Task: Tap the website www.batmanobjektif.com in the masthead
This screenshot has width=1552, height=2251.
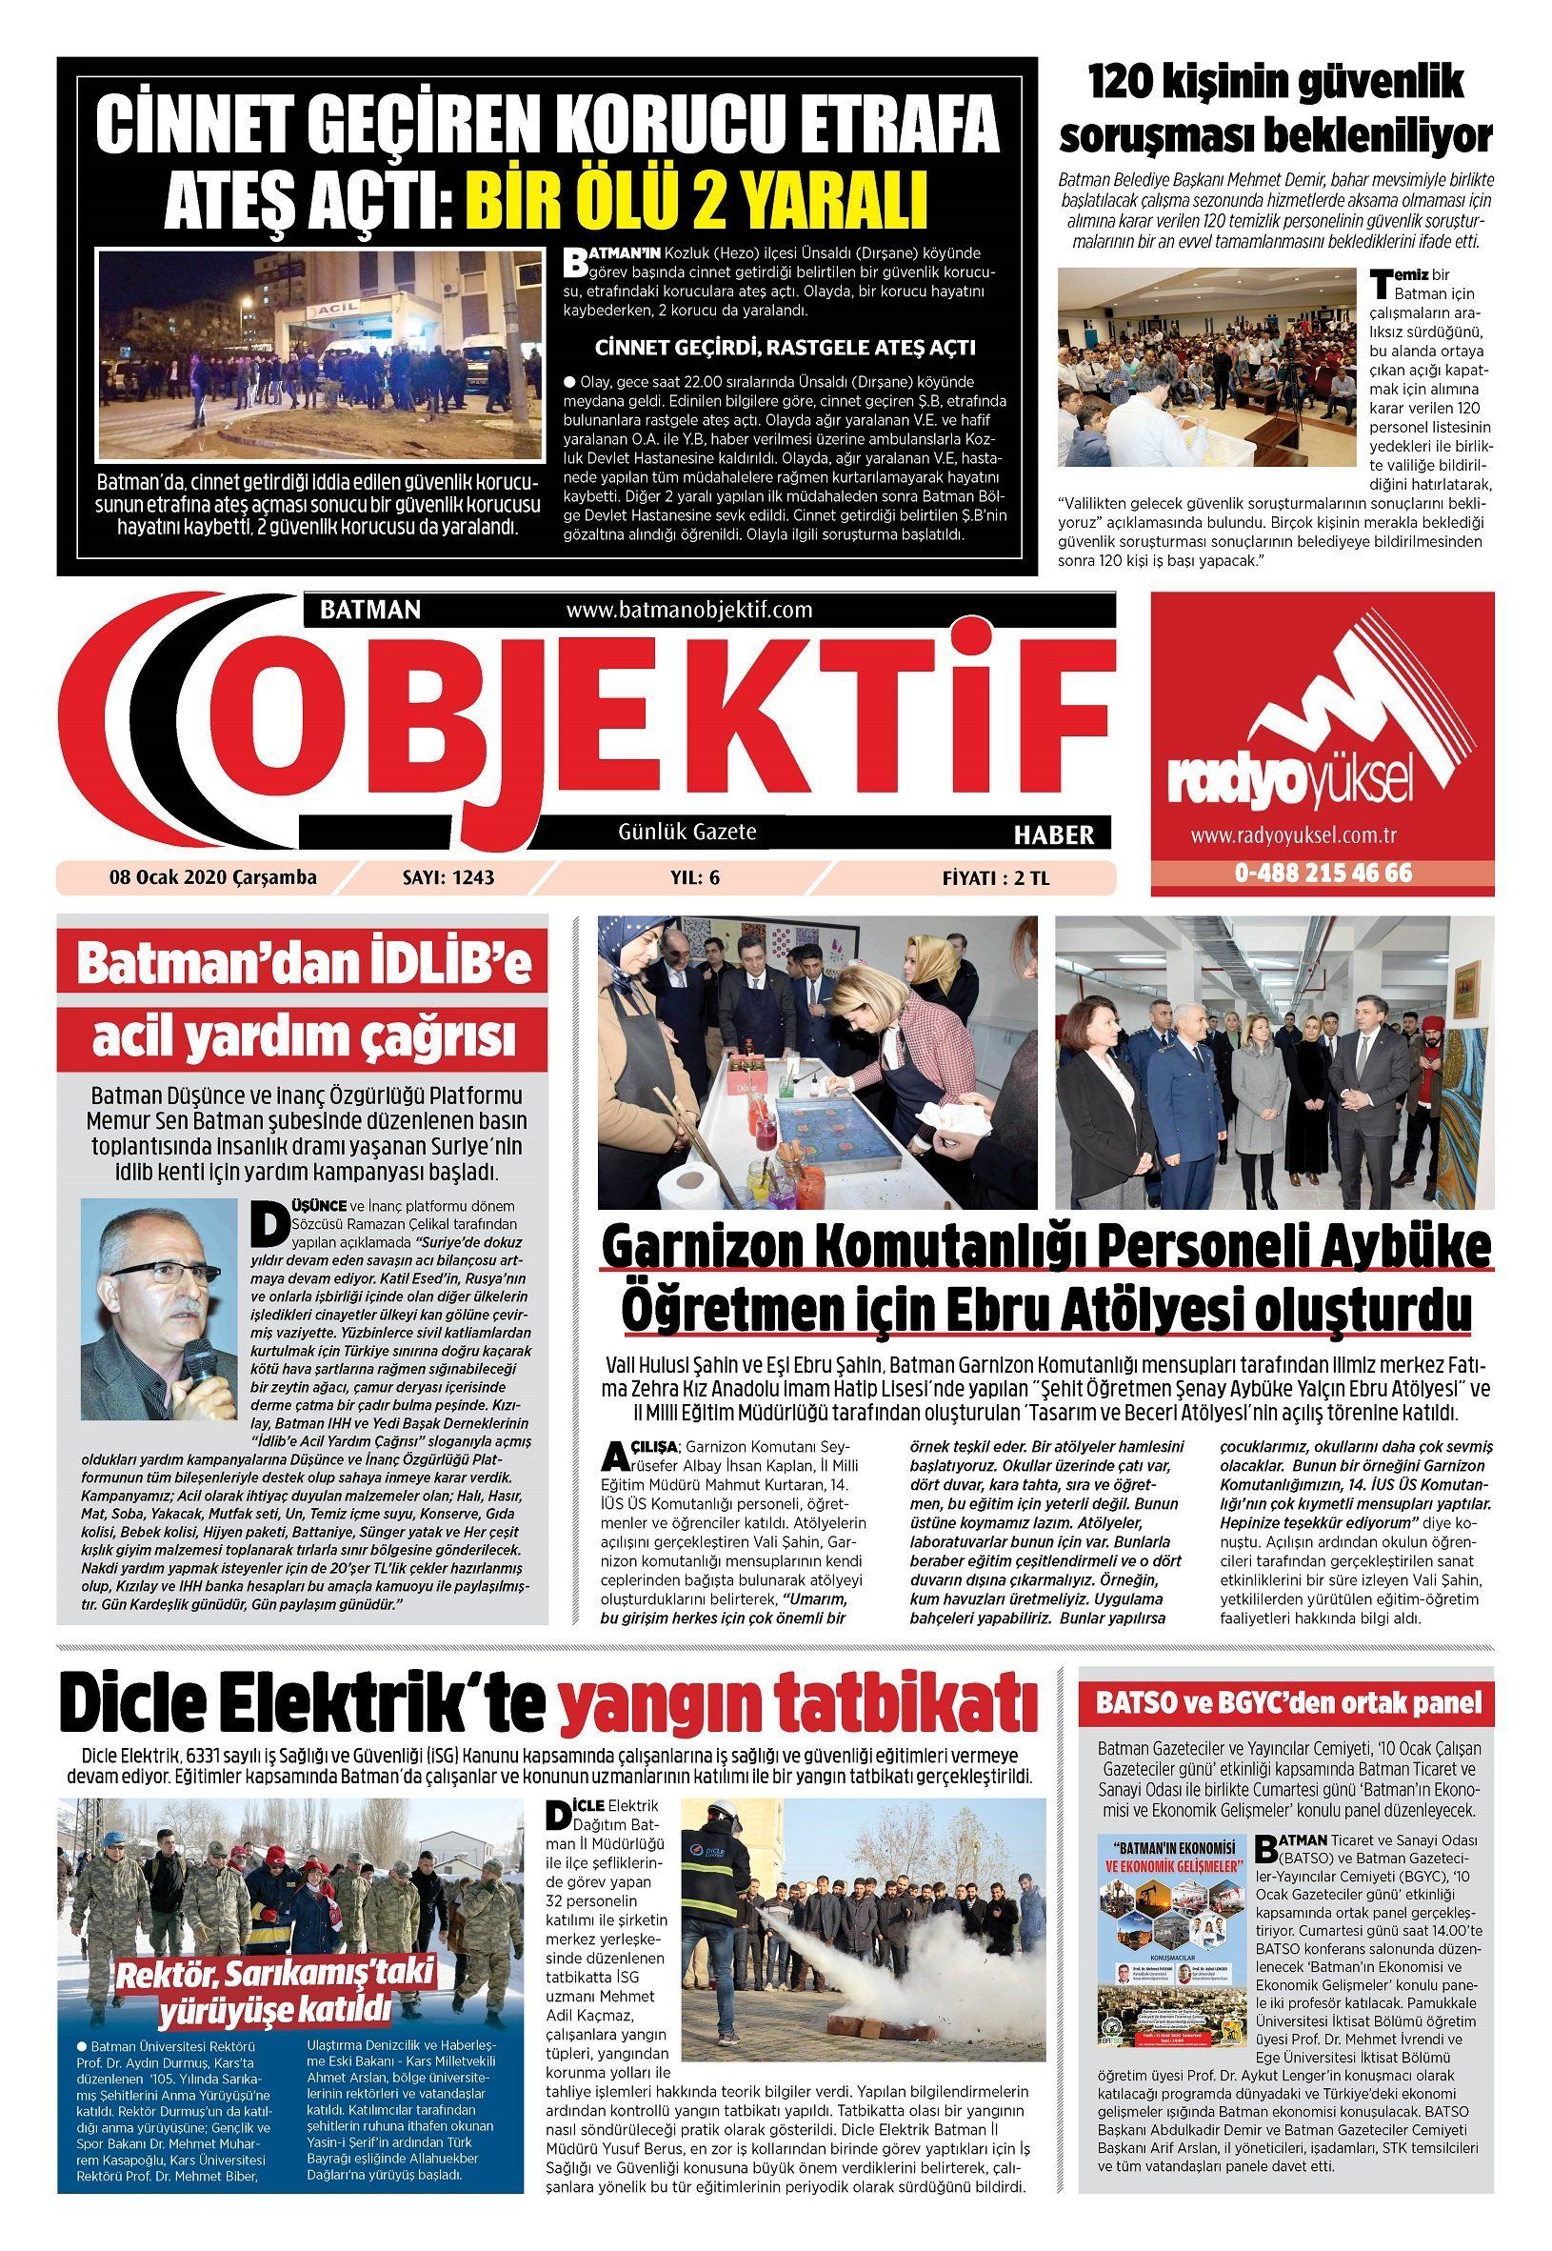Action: pos(688,610)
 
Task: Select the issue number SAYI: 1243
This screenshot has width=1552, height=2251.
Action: pos(448,877)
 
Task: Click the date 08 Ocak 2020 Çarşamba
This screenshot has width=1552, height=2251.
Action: pos(213,877)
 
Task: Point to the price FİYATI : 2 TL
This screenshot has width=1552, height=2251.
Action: pos(996,877)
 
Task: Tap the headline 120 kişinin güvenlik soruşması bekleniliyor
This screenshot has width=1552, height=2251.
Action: pos(1274,109)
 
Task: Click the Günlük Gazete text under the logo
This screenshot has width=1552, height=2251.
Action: pos(686,832)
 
